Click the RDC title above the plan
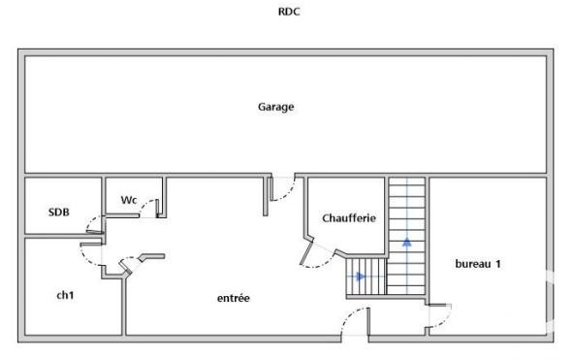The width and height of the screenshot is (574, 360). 287,14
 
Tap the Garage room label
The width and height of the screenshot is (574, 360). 275,107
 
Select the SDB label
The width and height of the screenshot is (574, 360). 57,212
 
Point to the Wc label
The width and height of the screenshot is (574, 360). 128,200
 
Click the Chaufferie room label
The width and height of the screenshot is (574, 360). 348,218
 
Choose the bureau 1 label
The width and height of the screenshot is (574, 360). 478,264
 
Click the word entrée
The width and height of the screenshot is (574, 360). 233,298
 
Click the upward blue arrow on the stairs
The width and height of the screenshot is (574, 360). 407,240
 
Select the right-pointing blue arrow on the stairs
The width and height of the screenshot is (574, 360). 361,277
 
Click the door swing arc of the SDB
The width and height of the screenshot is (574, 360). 93,225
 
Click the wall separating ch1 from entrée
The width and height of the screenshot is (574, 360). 123,306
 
